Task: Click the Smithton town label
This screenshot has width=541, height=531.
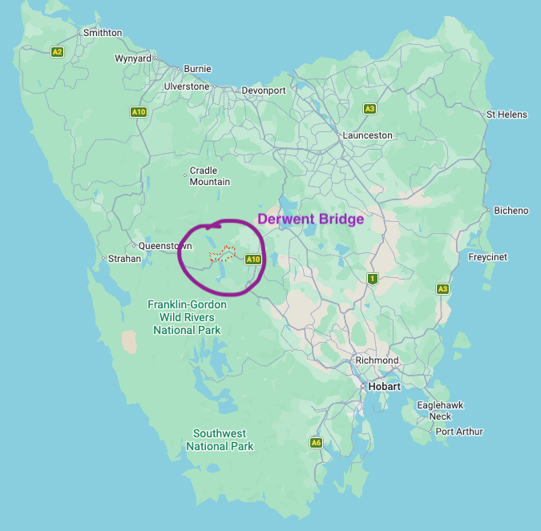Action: pyautogui.click(x=103, y=33)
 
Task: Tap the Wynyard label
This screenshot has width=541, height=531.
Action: pyautogui.click(x=133, y=59)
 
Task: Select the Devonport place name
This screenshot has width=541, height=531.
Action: pyautogui.click(x=264, y=91)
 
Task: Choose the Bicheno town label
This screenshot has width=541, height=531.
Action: pyautogui.click(x=511, y=211)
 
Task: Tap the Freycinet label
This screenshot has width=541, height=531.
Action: pyautogui.click(x=486, y=258)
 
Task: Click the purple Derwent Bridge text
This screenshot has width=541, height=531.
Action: pyautogui.click(x=310, y=219)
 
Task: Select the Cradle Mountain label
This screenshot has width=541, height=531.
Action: pyautogui.click(x=209, y=177)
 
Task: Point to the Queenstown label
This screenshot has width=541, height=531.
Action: pyautogui.click(x=165, y=246)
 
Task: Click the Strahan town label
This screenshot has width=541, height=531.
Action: pyautogui.click(x=123, y=259)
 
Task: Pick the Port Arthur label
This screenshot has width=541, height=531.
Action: pyautogui.click(x=459, y=432)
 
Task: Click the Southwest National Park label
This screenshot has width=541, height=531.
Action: pyautogui.click(x=220, y=440)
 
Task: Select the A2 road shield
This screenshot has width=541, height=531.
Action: pyautogui.click(x=57, y=52)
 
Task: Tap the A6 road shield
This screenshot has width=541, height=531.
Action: pyautogui.click(x=316, y=443)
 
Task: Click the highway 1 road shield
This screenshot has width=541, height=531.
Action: pyautogui.click(x=372, y=279)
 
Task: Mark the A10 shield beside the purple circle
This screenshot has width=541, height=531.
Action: pyautogui.click(x=253, y=259)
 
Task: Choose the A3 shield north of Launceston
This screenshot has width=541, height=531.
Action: pyautogui.click(x=369, y=108)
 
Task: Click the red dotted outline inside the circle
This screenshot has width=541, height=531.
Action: pyautogui.click(x=222, y=255)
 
